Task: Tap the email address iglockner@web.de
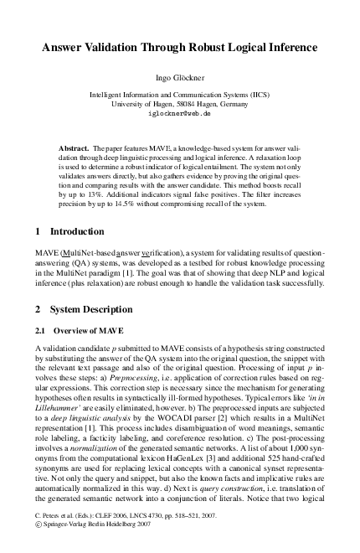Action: [180, 112]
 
